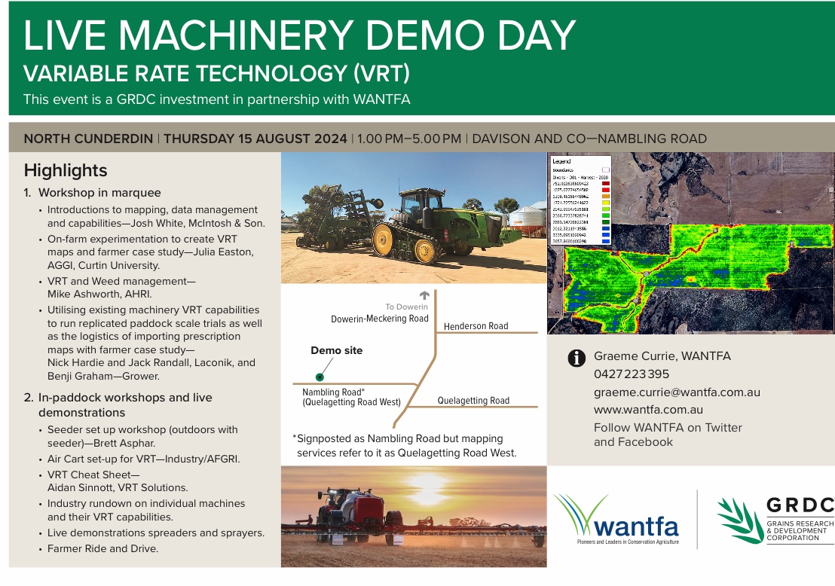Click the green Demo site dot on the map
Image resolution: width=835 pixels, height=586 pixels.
pos(320,376)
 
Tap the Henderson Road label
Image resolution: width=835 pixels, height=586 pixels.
pos(476,326)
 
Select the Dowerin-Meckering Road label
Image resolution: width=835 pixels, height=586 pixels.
pos(380,319)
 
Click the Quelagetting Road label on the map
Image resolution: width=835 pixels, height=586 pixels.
pos(473,401)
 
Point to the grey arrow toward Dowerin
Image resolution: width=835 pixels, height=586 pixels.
pos(424,295)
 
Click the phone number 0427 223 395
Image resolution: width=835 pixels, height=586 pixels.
pos(632,374)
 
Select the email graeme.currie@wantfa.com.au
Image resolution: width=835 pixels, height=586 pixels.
pos(677,392)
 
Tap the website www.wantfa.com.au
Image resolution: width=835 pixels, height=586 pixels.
pos(648,410)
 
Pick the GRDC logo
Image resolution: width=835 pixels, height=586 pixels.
pos(775,520)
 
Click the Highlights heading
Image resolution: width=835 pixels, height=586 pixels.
pos(66,170)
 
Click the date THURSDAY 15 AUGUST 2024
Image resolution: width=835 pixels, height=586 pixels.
pos(255,139)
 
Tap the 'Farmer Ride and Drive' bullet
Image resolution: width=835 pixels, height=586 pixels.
pos(103,548)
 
